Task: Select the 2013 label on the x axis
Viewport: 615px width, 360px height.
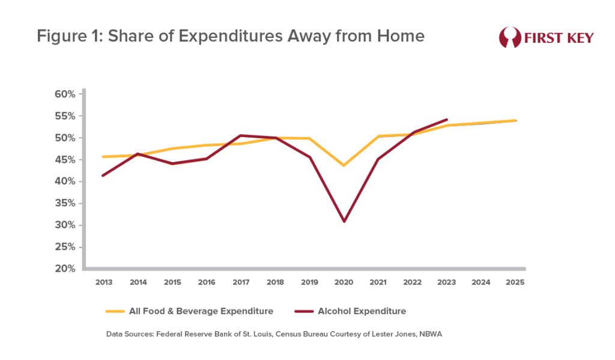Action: (103, 282)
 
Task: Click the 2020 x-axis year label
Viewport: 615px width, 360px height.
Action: (344, 282)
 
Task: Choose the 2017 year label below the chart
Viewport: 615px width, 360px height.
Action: (240, 282)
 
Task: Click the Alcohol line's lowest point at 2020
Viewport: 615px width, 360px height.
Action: (344, 221)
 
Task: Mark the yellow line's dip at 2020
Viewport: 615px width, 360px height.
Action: (344, 165)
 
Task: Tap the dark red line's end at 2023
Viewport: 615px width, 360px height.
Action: (447, 120)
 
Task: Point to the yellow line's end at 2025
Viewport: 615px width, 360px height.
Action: (516, 120)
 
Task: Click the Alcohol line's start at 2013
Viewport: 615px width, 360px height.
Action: (103, 175)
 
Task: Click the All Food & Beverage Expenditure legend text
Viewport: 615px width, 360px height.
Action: (201, 311)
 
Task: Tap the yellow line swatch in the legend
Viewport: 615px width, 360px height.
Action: (114, 311)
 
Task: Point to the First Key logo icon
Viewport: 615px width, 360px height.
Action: (509, 37)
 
